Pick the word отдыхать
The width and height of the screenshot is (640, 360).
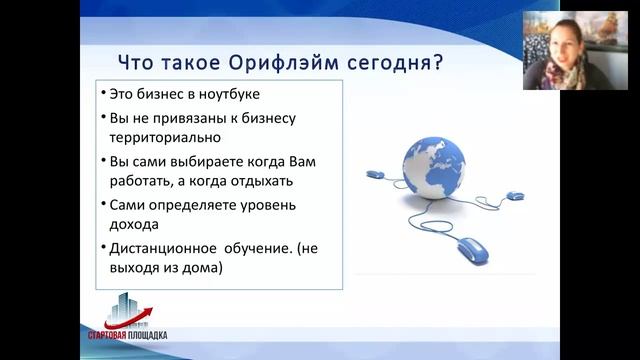[233, 182]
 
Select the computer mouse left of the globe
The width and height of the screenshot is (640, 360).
[375, 174]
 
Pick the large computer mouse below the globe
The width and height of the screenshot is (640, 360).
[469, 247]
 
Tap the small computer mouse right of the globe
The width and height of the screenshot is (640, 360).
[515, 196]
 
